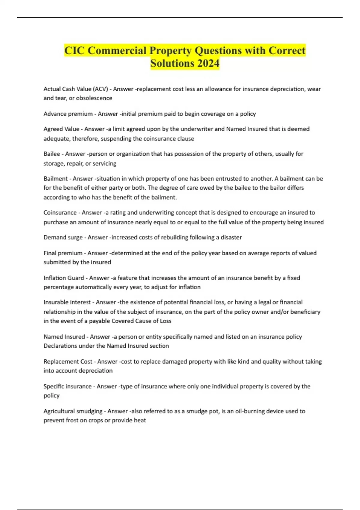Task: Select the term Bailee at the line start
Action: (x=52, y=154)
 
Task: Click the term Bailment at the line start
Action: (x=55, y=178)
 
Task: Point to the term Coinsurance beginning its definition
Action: (x=60, y=212)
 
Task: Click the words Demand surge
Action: (x=63, y=237)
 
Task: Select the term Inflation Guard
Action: (x=64, y=278)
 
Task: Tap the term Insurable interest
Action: (x=67, y=302)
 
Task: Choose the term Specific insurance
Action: (x=67, y=386)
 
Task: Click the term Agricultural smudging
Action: (x=73, y=411)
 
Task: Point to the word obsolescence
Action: (x=94, y=98)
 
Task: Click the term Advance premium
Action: (x=68, y=114)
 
